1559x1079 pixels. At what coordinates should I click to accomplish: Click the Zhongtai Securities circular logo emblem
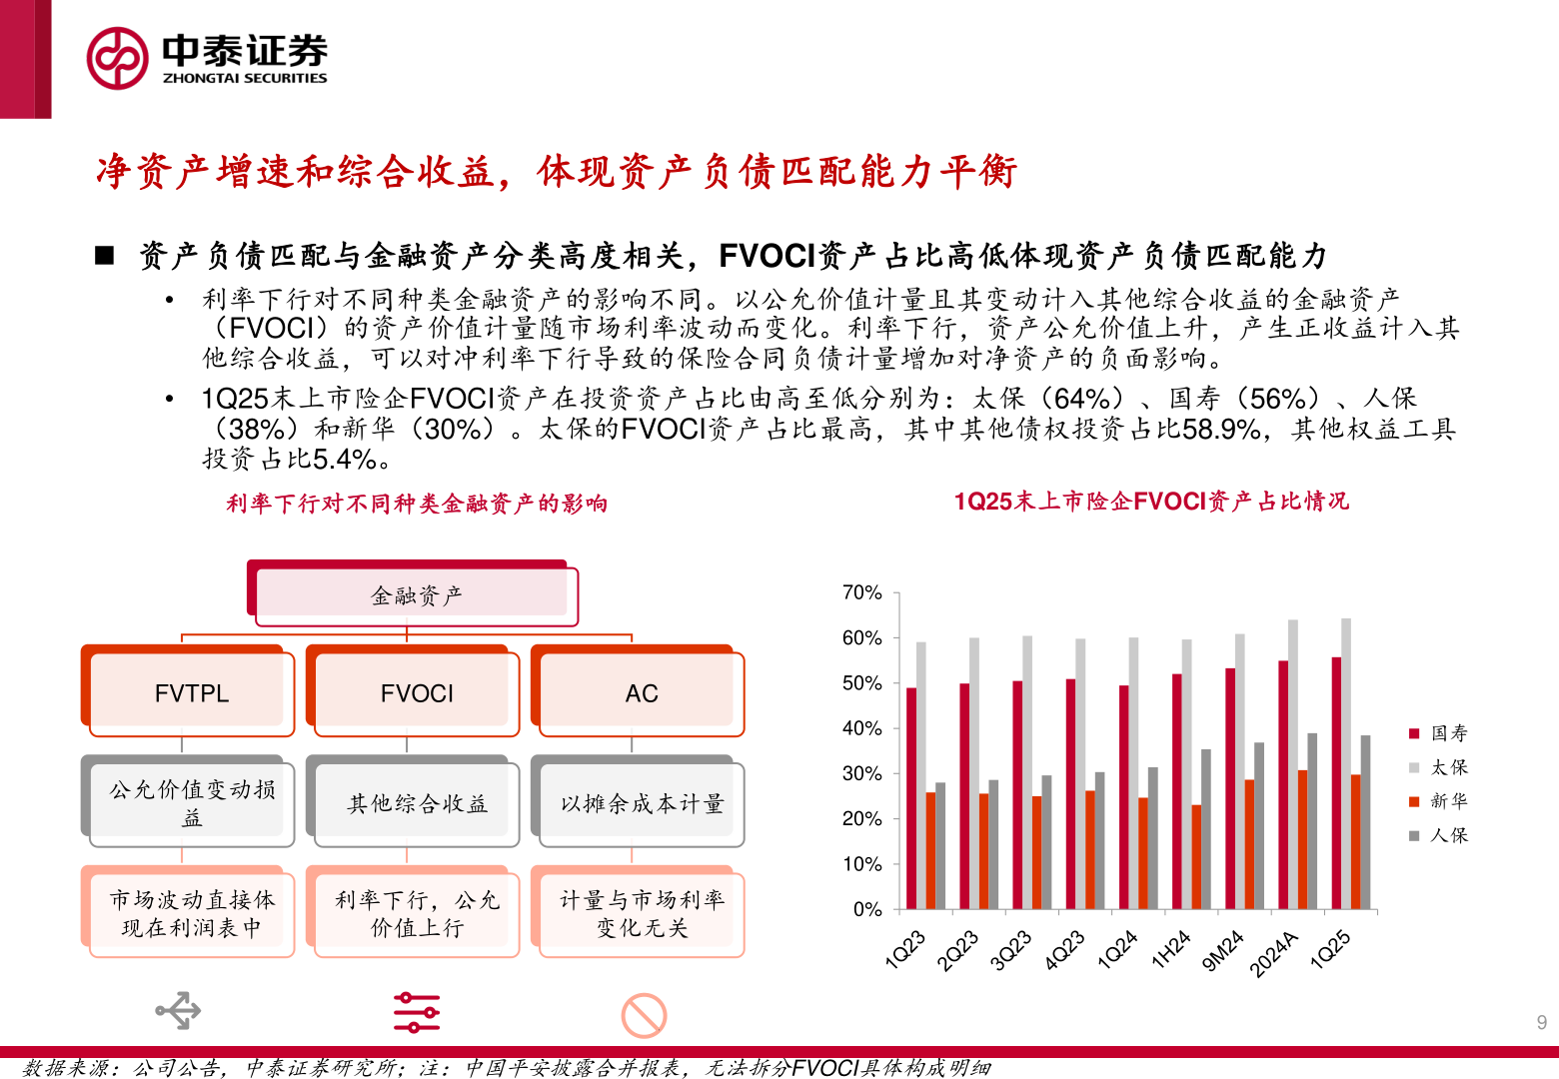(x=117, y=58)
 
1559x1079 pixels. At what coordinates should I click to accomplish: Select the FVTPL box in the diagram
(x=191, y=692)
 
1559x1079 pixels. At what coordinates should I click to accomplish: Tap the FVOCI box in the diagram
(x=416, y=692)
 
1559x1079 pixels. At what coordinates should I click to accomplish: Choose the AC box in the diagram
(x=641, y=692)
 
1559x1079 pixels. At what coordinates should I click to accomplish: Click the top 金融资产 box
(x=416, y=595)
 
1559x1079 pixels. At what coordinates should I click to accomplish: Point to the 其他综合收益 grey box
(x=416, y=803)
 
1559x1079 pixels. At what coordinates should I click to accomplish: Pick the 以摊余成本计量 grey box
(x=641, y=803)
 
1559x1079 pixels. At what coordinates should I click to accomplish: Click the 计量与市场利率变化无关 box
(x=641, y=913)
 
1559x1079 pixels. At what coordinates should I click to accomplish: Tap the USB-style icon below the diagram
(x=178, y=1011)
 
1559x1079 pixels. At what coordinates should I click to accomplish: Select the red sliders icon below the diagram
(x=416, y=1012)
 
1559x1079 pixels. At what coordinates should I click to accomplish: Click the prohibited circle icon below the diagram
(x=644, y=1015)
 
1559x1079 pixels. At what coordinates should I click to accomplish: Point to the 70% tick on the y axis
(x=861, y=592)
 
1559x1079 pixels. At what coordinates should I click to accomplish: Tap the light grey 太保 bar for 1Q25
(x=1346, y=763)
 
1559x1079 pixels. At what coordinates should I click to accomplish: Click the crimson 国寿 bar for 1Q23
(x=911, y=797)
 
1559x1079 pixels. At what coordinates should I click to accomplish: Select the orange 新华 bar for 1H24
(x=1196, y=856)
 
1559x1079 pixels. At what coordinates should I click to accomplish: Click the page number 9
(x=1541, y=1022)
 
